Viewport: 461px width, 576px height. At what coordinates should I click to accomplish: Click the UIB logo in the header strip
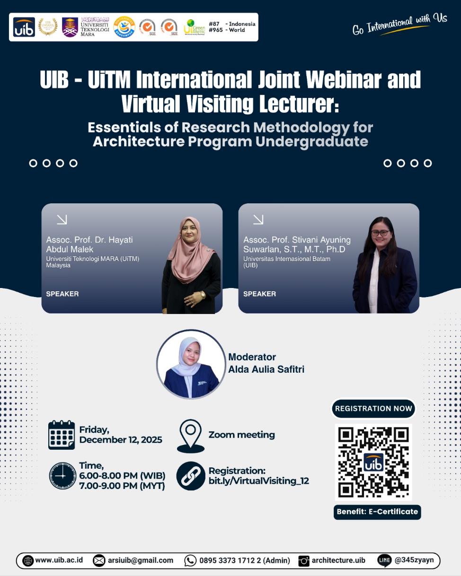[x=24, y=27]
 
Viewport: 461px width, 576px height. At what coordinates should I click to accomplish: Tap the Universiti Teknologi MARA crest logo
[x=70, y=27]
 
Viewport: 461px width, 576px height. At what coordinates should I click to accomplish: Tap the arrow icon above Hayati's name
[x=62, y=219]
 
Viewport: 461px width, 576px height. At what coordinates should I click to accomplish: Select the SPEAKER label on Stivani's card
[x=259, y=294]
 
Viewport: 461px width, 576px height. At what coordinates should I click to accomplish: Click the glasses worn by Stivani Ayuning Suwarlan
[x=380, y=233]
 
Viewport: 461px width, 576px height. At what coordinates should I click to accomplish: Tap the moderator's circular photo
[x=191, y=364]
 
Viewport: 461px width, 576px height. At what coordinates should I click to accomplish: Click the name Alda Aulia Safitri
[x=266, y=369]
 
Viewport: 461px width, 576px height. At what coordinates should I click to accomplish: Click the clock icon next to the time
[x=62, y=475]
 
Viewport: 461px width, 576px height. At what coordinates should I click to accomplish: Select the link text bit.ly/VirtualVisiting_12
[x=258, y=481]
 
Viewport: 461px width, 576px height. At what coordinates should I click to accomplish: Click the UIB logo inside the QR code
[x=373, y=462]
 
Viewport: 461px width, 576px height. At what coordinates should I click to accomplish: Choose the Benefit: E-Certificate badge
[x=377, y=512]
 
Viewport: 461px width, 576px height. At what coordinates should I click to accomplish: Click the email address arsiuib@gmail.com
[x=140, y=560]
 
